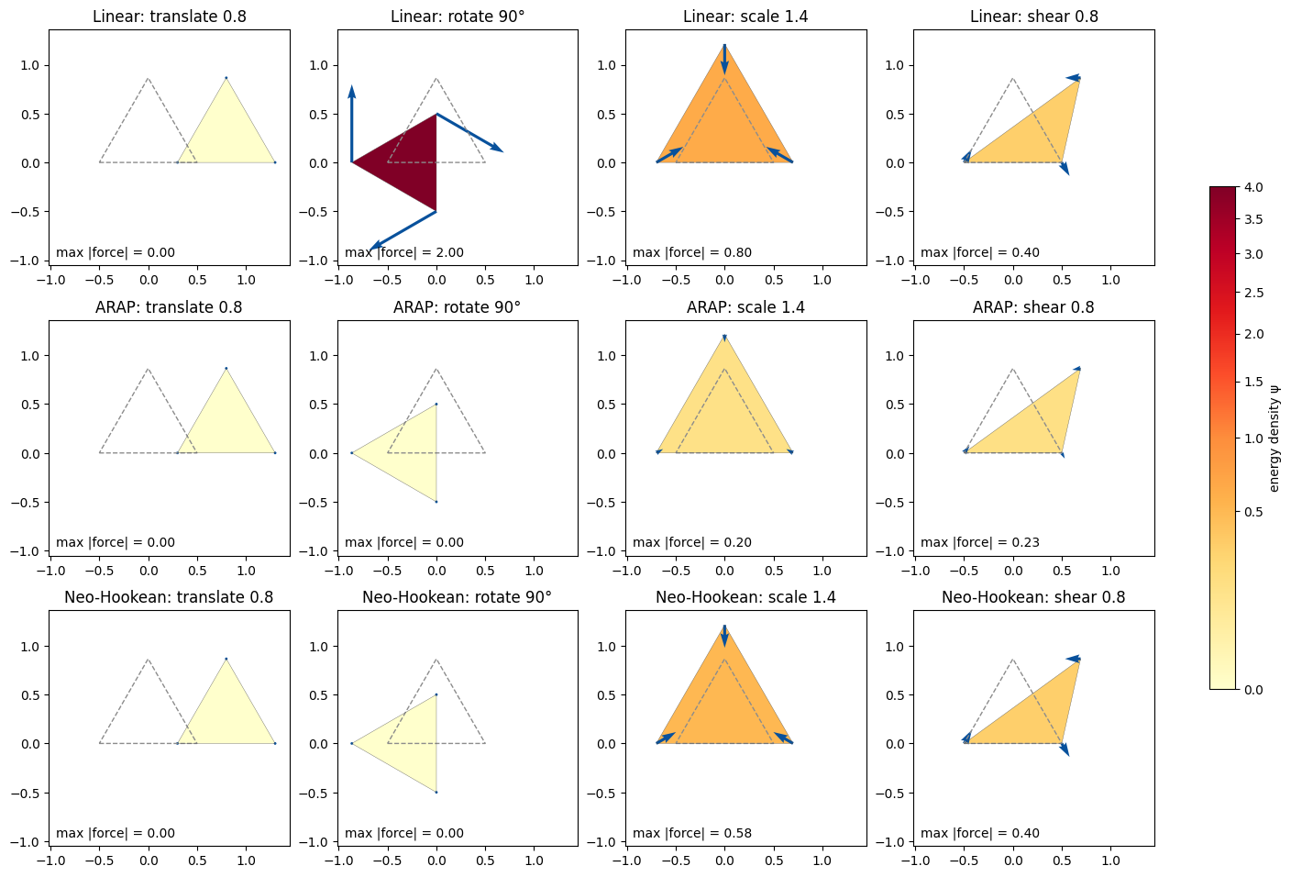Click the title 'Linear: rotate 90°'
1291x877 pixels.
point(458,17)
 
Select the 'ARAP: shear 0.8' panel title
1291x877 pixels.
point(1033,306)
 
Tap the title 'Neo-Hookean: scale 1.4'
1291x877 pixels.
point(745,597)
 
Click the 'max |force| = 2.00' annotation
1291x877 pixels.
point(404,252)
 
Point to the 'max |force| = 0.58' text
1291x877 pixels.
point(692,833)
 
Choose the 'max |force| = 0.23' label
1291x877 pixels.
point(980,542)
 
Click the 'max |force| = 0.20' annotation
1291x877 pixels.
point(692,542)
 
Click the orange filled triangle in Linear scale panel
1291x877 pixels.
point(724,121)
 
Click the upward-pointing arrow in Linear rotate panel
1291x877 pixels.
point(351,124)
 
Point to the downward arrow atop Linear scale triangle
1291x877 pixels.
point(724,59)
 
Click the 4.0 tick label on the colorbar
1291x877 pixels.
point(1253,187)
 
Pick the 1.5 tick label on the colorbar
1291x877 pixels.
point(1253,382)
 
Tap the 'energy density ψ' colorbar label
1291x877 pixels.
point(1274,438)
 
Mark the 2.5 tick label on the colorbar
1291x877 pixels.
point(1253,293)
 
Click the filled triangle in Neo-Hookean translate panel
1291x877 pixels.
point(226,715)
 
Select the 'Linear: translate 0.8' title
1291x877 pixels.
point(170,17)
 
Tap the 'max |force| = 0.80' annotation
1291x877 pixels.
point(692,252)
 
